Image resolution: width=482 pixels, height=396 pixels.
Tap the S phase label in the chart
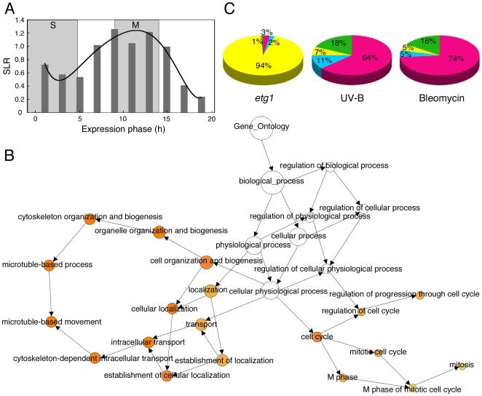[52, 25]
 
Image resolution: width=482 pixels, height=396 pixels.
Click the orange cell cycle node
[317, 337]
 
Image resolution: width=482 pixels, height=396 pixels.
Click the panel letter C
[229, 9]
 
